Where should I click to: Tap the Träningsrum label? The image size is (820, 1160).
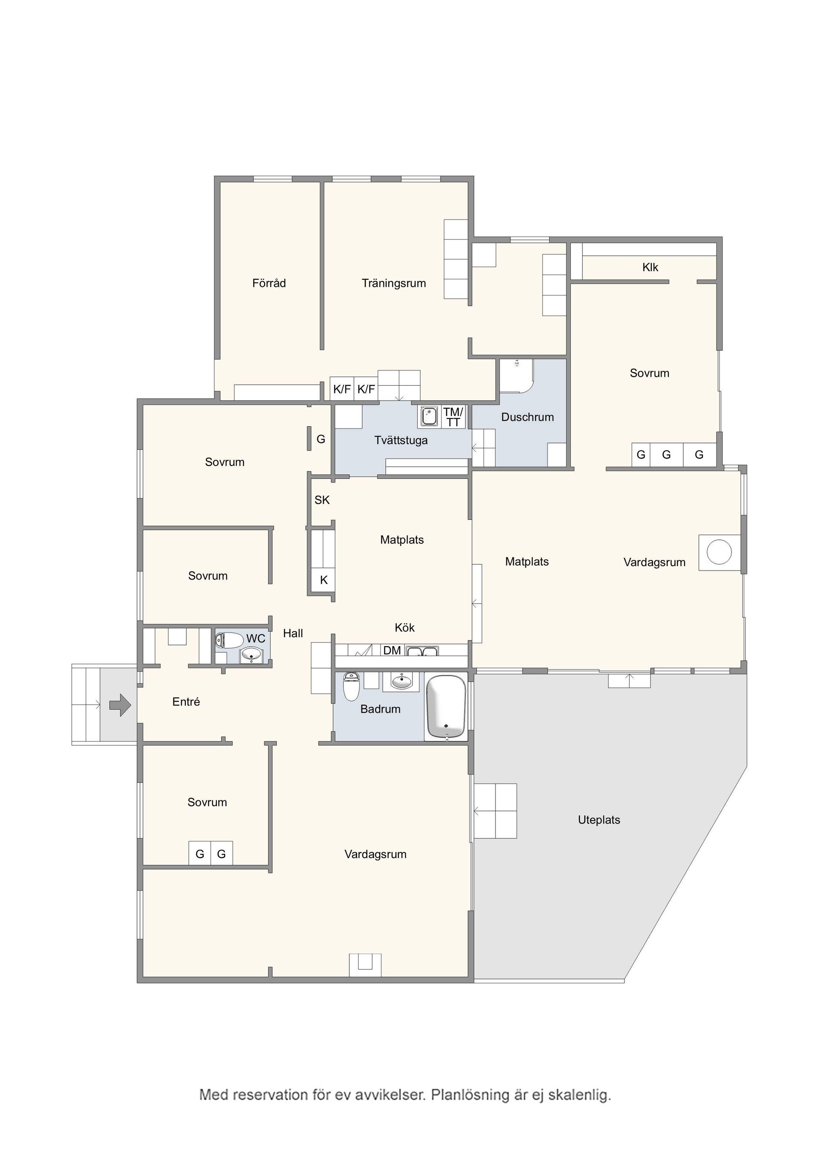[x=394, y=284]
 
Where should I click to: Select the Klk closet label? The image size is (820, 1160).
[x=650, y=267]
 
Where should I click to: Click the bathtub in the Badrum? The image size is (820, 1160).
[x=446, y=707]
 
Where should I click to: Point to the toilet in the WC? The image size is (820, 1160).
[x=229, y=641]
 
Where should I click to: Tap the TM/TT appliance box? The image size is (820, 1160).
[x=453, y=417]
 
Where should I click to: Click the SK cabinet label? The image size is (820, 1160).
[x=322, y=500]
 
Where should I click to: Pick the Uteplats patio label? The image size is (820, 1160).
[x=599, y=820]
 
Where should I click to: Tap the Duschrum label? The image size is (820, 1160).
[x=527, y=417]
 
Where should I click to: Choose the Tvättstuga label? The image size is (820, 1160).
[x=401, y=441]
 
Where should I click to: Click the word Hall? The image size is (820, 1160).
[x=293, y=633]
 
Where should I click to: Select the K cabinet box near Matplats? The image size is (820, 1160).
[x=324, y=580]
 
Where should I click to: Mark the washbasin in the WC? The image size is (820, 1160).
[x=252, y=655]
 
